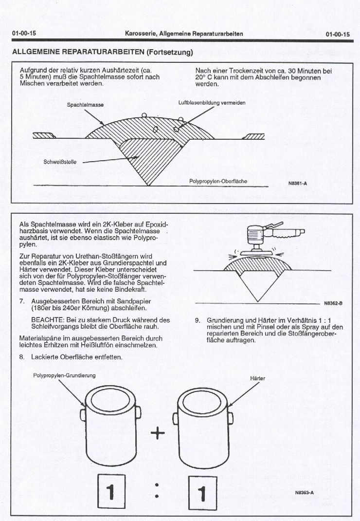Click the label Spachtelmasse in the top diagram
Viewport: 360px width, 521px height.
[85, 105]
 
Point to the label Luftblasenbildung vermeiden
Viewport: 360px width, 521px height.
[212, 103]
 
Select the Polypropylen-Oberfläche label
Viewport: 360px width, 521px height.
[218, 181]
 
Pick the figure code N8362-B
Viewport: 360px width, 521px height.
[333, 303]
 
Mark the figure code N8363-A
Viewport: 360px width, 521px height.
[305, 492]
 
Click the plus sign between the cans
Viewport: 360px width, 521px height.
[158, 433]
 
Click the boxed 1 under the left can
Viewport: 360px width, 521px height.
[111, 492]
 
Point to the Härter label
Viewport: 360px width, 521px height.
[258, 378]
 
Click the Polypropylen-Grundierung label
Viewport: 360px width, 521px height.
[65, 375]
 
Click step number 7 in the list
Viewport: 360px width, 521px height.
[22, 301]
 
